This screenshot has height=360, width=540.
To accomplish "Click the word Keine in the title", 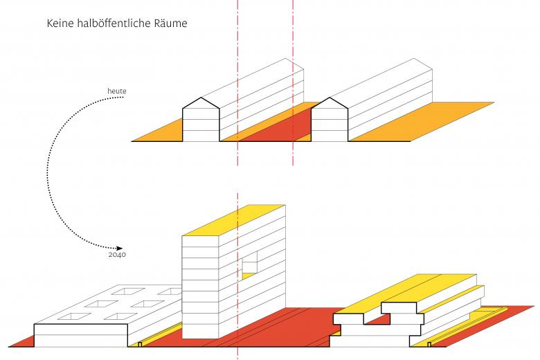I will coord(60,23).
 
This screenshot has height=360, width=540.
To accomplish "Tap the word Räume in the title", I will coord(171,23).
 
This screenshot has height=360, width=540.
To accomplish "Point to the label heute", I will coord(116,91).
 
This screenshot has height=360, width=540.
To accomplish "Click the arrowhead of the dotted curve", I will coord(120,248).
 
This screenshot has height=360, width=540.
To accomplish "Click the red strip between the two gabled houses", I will coord(273,125).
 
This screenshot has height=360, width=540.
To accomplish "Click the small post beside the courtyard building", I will coord(140,343).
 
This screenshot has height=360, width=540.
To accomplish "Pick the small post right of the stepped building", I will coord(429,343).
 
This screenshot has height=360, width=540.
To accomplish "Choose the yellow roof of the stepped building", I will coord(415,291).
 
